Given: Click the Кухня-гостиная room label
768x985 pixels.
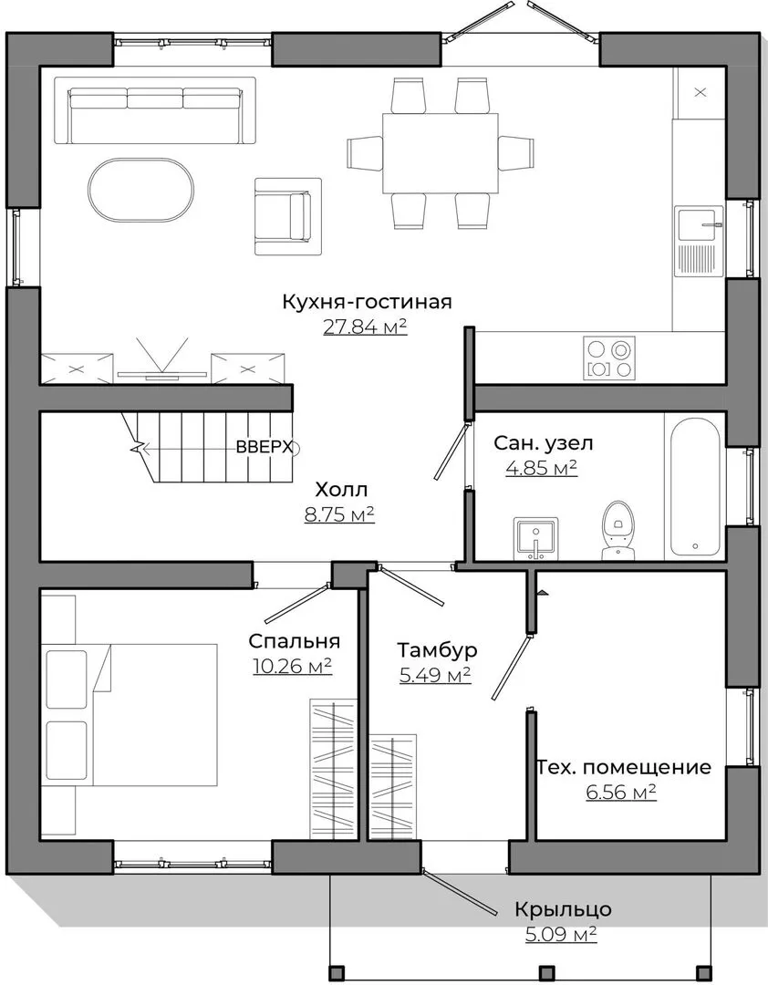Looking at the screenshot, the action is point(367,302).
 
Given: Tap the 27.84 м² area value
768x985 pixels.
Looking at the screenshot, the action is point(365,326).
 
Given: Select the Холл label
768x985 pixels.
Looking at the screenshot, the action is point(341,489).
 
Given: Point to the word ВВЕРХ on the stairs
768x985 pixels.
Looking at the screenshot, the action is point(265,447).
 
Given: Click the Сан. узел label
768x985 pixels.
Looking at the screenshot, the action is point(543,443).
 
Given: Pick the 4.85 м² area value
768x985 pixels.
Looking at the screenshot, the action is point(542,468).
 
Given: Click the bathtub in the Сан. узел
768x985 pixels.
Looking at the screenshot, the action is point(695,487).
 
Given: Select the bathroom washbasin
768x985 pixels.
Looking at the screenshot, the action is point(536,538).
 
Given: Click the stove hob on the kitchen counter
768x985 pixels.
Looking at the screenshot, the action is point(609,358).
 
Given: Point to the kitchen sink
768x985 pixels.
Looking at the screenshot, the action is point(699,241).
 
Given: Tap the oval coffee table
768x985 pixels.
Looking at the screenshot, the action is point(141,190).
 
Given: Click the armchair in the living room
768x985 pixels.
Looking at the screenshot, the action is point(288,216).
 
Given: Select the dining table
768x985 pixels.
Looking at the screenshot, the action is point(441,152).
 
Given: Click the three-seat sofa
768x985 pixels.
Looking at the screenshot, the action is point(155,110).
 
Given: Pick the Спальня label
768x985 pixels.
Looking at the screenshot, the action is point(294,641).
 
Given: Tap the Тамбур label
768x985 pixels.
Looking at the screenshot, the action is point(438,649).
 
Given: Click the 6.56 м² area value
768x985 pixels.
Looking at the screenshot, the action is point(621,793).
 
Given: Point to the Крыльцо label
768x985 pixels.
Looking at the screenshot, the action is point(563,909).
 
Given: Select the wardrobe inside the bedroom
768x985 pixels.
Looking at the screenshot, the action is point(334,768).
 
